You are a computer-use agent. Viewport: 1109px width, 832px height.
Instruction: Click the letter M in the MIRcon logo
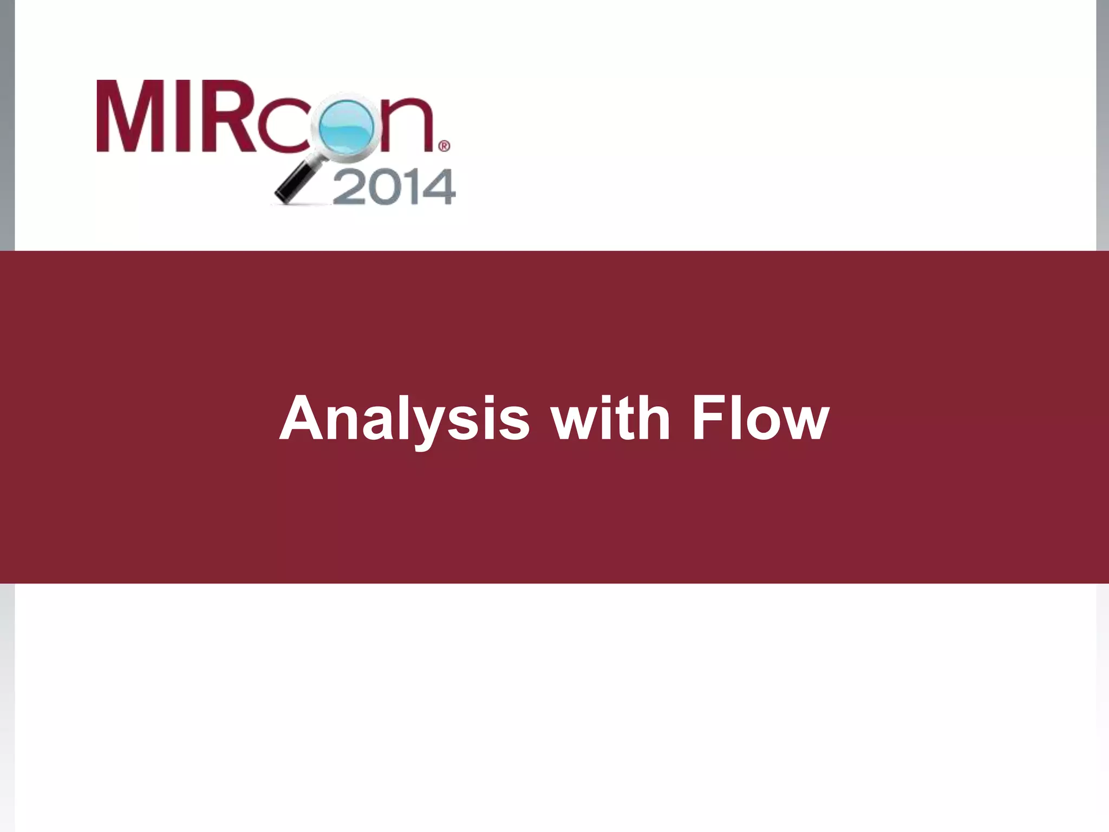point(132,116)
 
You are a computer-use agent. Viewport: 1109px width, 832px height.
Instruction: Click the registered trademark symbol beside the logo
point(443,146)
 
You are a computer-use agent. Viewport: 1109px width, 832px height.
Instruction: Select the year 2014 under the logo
point(394,187)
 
